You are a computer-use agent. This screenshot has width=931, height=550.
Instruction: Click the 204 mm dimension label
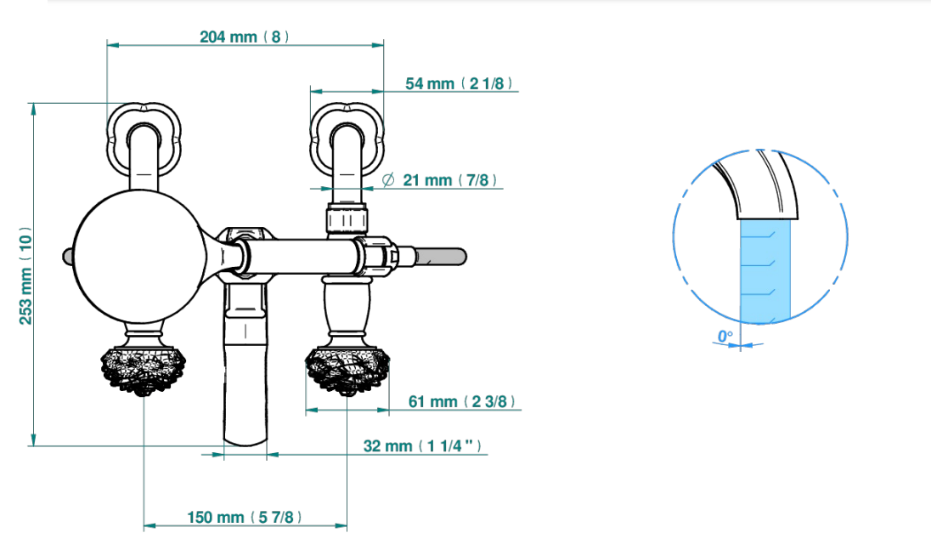(245, 37)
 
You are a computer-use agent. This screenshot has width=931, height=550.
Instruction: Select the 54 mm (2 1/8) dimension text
(459, 84)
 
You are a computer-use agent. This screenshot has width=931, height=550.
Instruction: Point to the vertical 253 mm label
(25, 275)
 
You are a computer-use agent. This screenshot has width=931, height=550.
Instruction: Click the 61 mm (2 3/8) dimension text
(461, 402)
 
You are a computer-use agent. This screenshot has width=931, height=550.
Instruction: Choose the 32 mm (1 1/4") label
(422, 446)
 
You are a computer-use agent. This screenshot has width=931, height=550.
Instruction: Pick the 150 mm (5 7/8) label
(245, 518)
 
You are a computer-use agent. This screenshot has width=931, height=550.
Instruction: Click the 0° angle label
(725, 337)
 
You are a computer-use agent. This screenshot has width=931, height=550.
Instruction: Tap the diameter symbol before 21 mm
(387, 179)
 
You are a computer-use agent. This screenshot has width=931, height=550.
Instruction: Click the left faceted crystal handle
(143, 371)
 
